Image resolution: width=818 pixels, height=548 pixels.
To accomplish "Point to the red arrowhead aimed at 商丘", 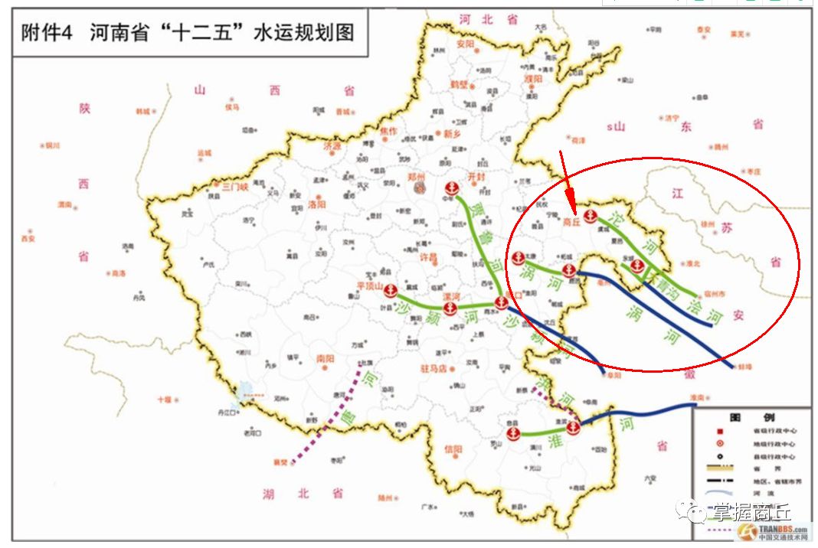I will coord(568,196).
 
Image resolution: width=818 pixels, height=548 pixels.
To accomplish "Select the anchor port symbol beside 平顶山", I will coord(390,291).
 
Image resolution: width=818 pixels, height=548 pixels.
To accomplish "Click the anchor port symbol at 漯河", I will coord(451,308).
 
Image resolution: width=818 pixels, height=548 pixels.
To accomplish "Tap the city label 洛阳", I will coord(316,204).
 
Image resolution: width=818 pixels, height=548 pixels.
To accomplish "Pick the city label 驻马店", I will coord(434,369).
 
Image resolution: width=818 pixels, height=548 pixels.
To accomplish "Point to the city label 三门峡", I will coord(231,186).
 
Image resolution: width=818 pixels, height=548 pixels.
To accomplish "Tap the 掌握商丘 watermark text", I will coord(753,512).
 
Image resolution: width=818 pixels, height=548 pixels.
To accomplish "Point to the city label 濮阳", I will coord(533,78).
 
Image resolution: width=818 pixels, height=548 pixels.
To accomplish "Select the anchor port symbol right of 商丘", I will coord(590,216).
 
